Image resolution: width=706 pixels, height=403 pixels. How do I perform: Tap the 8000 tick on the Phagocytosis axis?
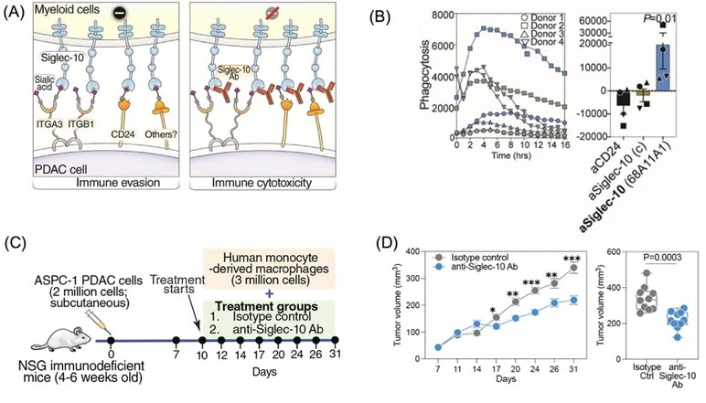(x=441, y=13)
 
